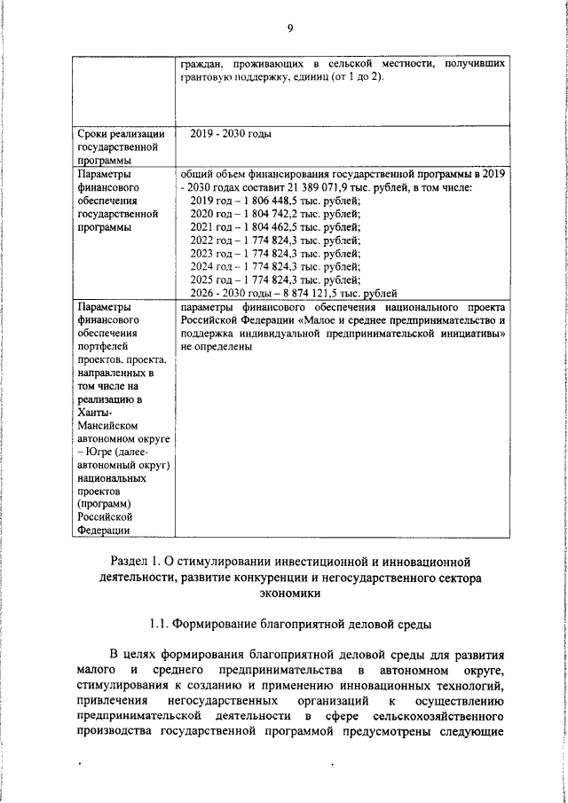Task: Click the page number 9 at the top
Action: pyautogui.click(x=289, y=28)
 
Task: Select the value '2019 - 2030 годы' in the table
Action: pyautogui.click(x=231, y=134)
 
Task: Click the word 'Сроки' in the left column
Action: pyautogui.click(x=94, y=134)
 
